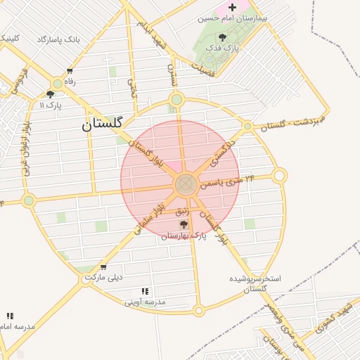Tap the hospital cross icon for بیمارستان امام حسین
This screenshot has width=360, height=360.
[233, 7]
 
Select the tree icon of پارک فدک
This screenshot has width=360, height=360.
[223, 37]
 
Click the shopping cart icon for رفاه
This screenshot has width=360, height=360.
[70, 71]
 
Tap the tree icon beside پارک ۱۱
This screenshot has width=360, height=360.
[51, 94]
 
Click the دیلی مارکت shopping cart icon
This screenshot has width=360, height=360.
[103, 267]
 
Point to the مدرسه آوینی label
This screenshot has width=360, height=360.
[145, 302]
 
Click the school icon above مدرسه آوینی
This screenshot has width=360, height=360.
[145, 291]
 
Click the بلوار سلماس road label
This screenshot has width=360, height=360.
[152, 219]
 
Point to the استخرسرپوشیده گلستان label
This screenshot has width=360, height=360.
[255, 283]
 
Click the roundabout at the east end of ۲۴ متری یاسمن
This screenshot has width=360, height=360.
[279, 175]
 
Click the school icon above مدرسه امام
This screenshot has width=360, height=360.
[10, 316]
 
